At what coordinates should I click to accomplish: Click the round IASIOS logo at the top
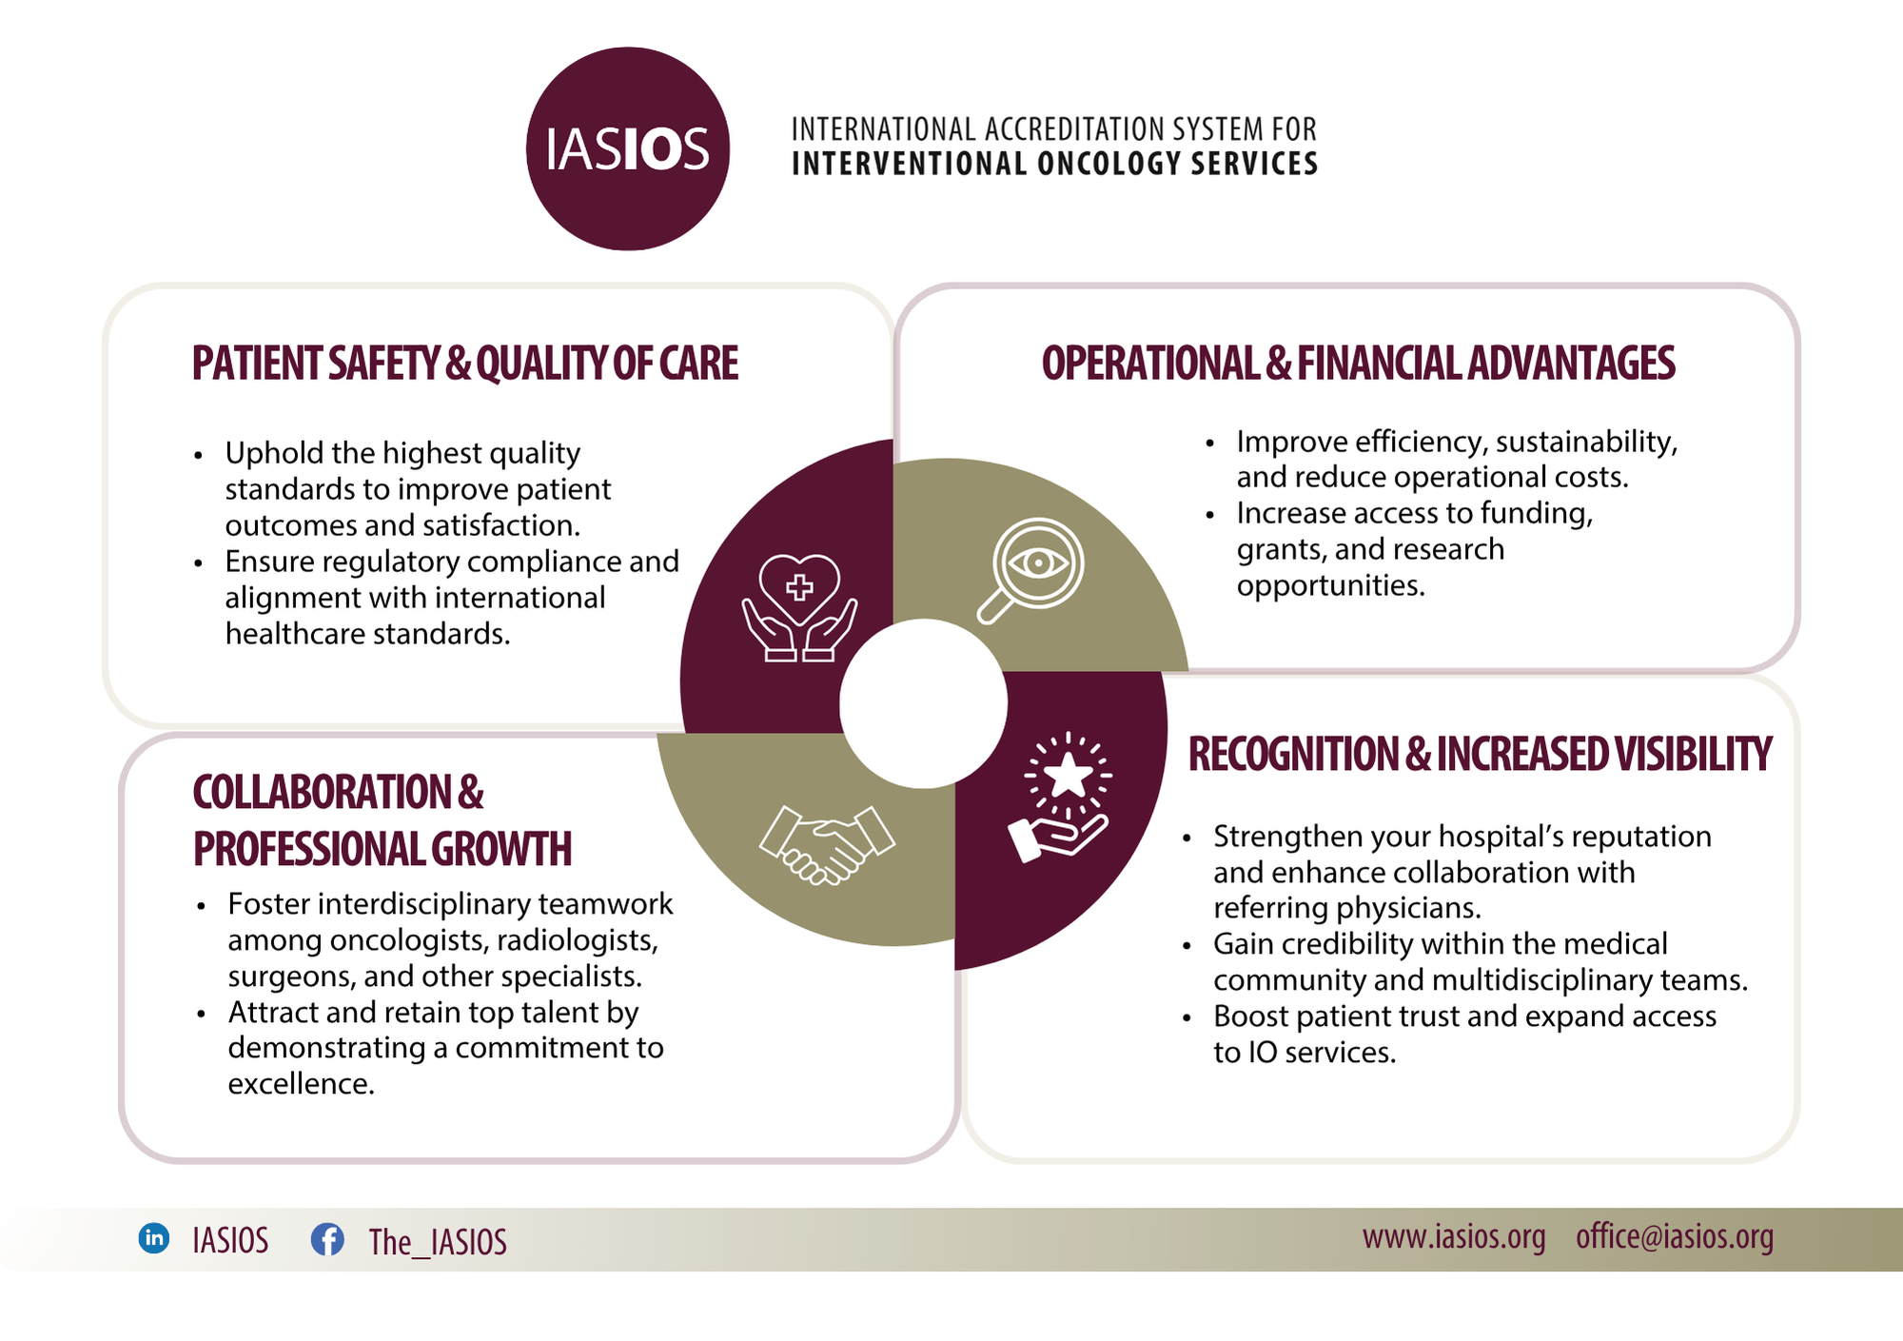click(x=628, y=148)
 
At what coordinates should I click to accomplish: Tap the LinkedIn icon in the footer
click(x=154, y=1238)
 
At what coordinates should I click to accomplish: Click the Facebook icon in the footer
click(x=327, y=1239)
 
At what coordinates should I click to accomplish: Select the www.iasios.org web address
click(x=1454, y=1237)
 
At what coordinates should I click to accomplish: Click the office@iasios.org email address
click(x=1675, y=1237)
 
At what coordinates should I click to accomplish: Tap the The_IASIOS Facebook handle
click(x=438, y=1241)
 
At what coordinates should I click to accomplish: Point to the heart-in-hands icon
click(x=799, y=607)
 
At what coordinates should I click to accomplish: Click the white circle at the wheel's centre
click(x=923, y=703)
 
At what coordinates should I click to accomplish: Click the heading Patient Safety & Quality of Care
click(x=465, y=364)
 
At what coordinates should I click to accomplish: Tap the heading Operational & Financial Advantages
click(x=1359, y=364)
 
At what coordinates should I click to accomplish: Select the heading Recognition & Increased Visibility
click(x=1481, y=754)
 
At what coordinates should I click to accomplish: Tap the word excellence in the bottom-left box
click(x=301, y=1084)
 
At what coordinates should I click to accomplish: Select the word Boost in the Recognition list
click(x=1250, y=1016)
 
